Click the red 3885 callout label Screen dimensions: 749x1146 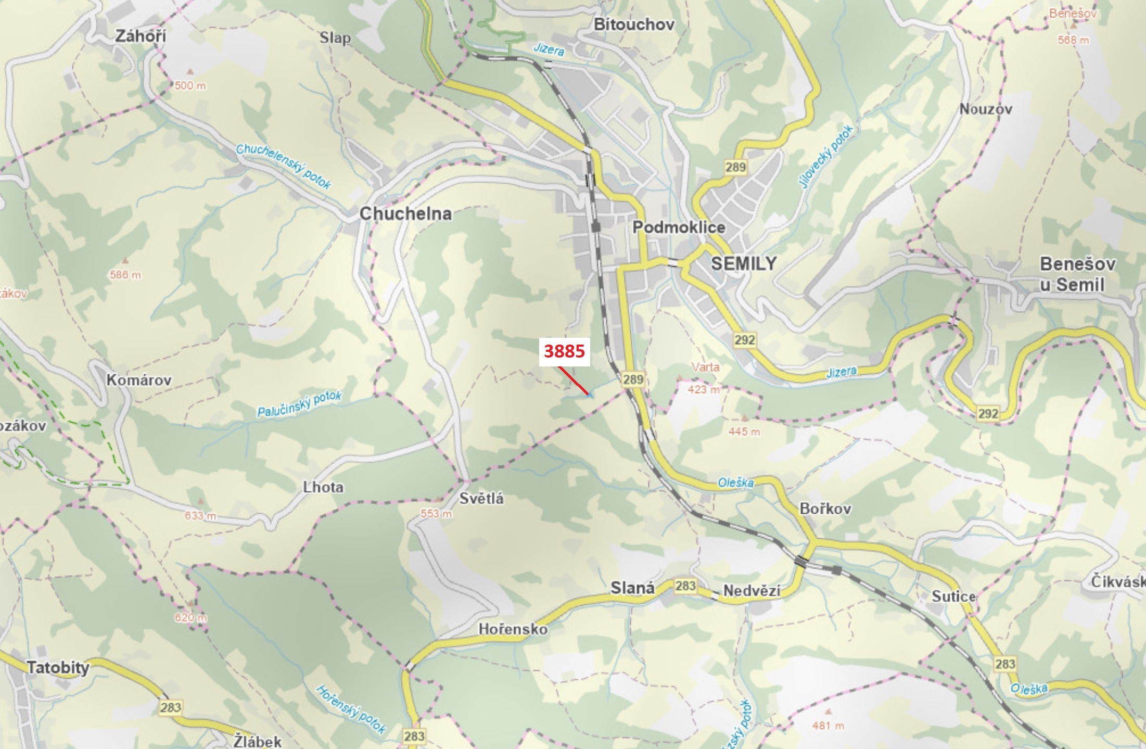tap(564, 351)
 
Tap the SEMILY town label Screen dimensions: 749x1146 tap(743, 263)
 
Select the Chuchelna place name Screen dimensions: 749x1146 tap(405, 213)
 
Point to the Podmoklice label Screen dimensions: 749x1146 tap(679, 227)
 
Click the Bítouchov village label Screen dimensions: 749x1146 tap(634, 24)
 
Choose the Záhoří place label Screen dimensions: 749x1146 tap(141, 36)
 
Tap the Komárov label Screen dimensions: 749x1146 tap(139, 380)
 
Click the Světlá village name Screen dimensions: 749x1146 tap(481, 499)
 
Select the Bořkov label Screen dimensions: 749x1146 tap(825, 509)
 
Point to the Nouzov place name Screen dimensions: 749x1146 tap(986, 109)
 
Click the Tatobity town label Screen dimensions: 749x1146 tap(58, 667)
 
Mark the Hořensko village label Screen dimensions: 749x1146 tap(513, 629)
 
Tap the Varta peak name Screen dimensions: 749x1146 tap(705, 367)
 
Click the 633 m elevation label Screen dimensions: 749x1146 tap(200, 516)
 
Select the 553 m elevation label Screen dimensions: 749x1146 tap(436, 514)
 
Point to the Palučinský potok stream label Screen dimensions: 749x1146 tap(299, 404)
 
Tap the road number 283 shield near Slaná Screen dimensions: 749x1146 tap(685, 586)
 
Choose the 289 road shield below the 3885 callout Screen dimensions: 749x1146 tap(633, 379)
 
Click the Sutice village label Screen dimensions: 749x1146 tap(953, 596)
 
